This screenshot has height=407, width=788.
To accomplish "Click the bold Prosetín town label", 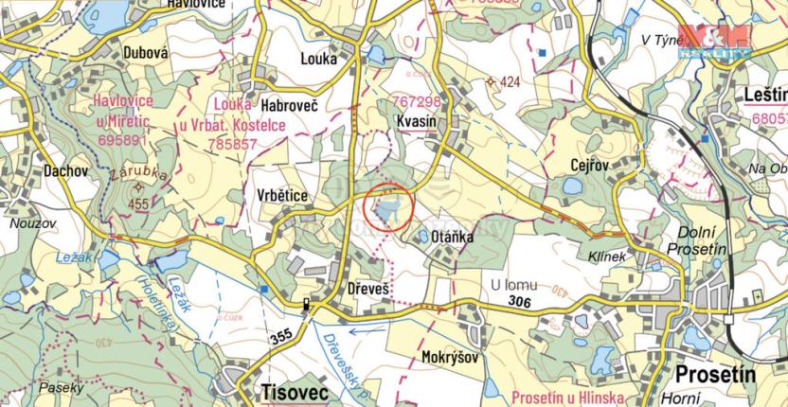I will [716, 375].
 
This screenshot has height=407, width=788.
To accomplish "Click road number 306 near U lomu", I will [518, 301].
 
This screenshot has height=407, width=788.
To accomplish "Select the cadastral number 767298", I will [417, 101].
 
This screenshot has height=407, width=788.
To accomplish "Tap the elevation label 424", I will [510, 82].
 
